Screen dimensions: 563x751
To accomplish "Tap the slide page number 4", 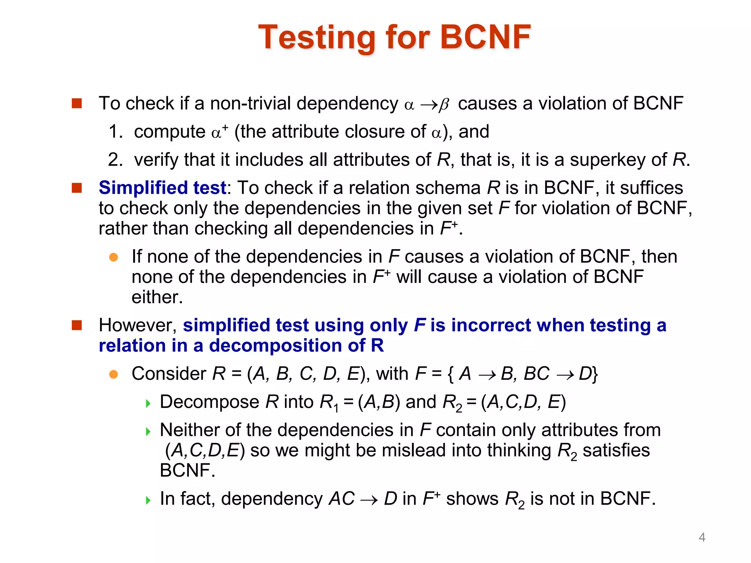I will click(702, 537).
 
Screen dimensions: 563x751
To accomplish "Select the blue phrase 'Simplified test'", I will click(162, 188).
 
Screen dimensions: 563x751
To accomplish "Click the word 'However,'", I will click(138, 325).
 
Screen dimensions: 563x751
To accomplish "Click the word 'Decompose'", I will click(210, 402).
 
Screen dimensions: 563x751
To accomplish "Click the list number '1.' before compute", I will click(116, 132).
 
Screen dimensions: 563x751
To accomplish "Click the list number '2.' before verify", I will click(116, 160).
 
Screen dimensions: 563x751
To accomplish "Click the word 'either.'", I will click(157, 297).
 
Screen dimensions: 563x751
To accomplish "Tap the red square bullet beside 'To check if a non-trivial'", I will click(77, 103).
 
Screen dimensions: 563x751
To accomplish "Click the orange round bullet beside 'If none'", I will click(114, 257).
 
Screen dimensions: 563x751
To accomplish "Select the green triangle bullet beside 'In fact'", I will click(148, 500).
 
